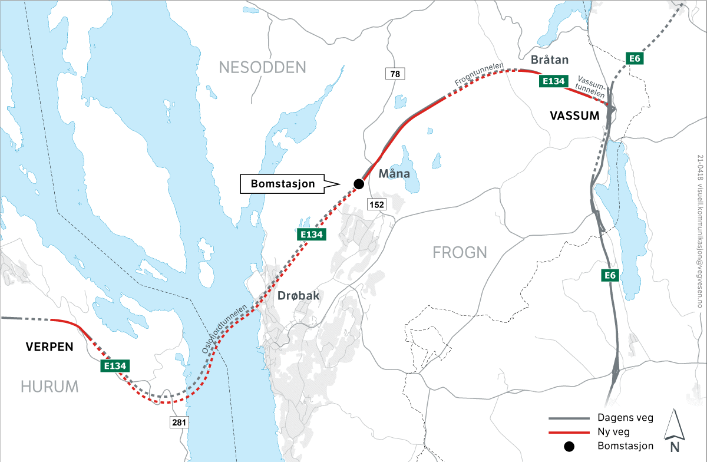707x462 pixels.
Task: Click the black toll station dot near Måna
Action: [358, 184]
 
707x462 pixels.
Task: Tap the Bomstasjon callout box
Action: [283, 184]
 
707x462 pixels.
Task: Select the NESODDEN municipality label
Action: [263, 67]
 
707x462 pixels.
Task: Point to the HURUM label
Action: [49, 387]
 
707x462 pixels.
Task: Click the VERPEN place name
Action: [49, 347]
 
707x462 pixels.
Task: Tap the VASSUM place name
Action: [574, 116]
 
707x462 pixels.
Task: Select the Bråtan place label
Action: [550, 60]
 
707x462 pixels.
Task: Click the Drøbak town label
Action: [298, 296]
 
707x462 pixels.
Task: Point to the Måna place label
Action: [394, 174]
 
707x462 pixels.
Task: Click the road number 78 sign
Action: [395, 74]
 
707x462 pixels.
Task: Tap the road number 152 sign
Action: [376, 204]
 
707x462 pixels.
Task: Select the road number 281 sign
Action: [179, 423]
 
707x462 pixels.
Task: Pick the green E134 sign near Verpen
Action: [115, 366]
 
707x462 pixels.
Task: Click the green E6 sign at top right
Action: [634, 58]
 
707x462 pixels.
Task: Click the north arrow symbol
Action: [673, 425]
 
